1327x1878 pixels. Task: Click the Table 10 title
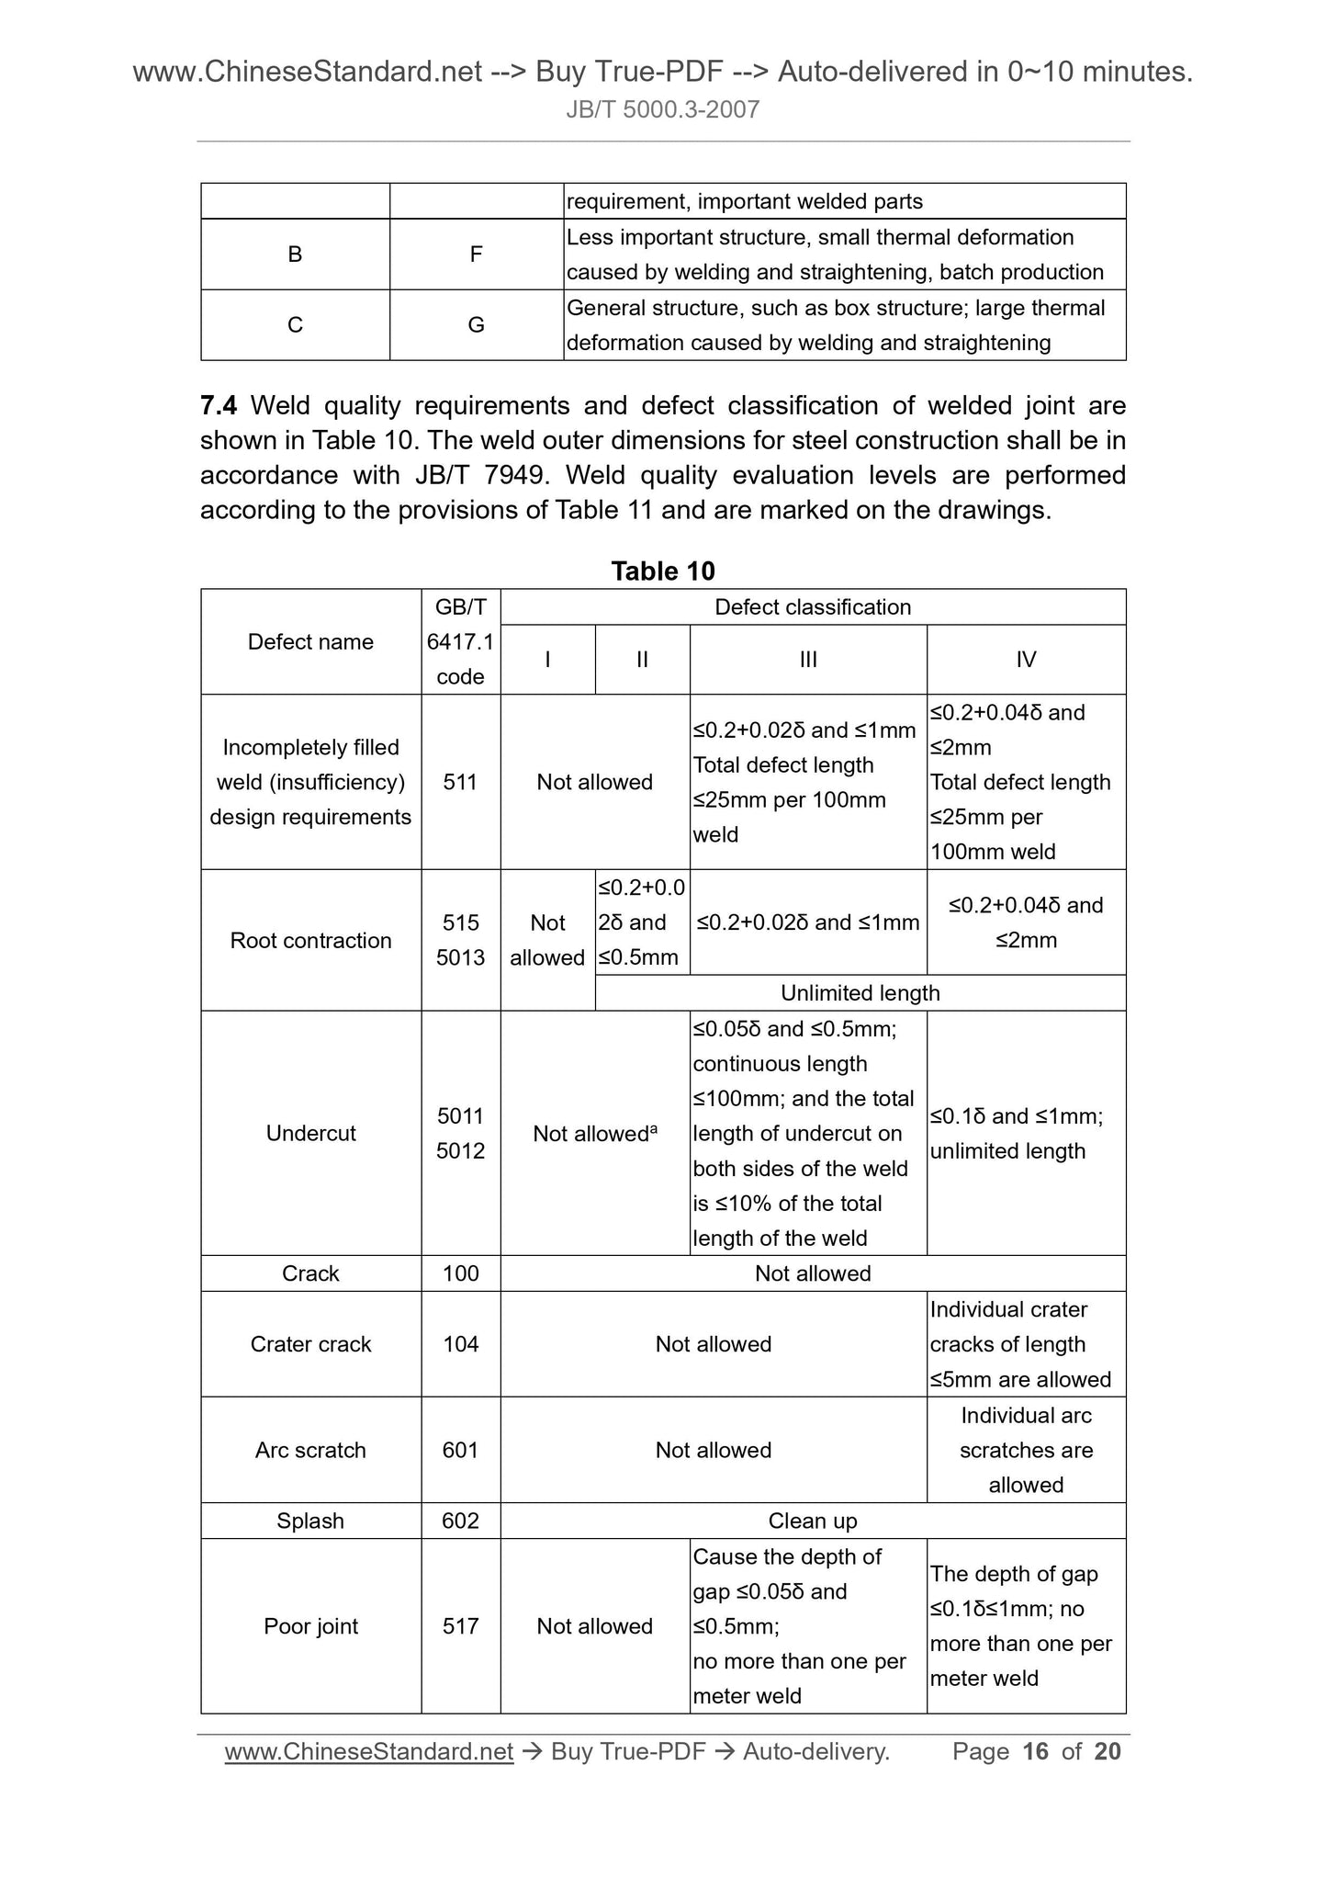click(x=662, y=571)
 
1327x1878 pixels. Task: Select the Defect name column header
click(x=310, y=641)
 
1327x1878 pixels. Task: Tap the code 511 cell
click(x=460, y=782)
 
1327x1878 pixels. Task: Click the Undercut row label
click(x=310, y=1133)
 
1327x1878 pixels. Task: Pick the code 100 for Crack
click(x=460, y=1273)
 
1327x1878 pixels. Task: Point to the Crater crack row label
click(x=310, y=1344)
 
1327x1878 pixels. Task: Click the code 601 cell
click(x=460, y=1450)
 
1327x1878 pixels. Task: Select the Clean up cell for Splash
click(x=812, y=1521)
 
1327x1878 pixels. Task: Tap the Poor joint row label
click(x=310, y=1626)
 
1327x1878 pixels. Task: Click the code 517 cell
click(x=460, y=1626)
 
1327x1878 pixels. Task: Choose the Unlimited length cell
click(x=860, y=993)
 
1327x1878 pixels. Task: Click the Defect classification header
click(x=812, y=607)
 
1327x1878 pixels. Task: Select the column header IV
click(x=1026, y=660)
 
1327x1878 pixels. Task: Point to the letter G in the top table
click(x=476, y=325)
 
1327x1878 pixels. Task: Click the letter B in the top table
click(x=295, y=255)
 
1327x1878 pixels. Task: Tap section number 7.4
click(x=219, y=405)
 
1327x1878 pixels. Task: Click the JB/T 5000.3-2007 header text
click(x=662, y=110)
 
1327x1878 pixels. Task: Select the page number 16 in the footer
click(x=1035, y=1751)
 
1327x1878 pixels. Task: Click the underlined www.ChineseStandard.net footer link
click(x=368, y=1752)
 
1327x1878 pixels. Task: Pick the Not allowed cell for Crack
click(x=812, y=1273)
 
